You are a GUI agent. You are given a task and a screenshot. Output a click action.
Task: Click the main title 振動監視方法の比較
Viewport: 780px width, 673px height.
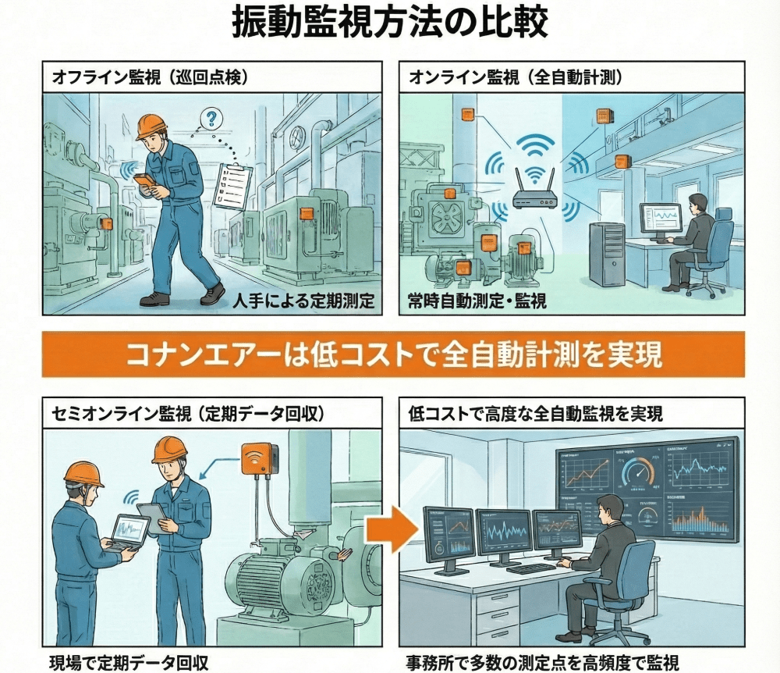(390, 24)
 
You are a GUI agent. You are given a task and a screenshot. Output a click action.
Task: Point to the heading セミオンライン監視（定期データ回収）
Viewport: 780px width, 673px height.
(187, 413)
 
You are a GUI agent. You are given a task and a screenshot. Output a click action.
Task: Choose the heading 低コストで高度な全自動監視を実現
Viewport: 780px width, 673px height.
(535, 413)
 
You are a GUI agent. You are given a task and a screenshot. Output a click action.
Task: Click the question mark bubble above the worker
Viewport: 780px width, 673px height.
(211, 119)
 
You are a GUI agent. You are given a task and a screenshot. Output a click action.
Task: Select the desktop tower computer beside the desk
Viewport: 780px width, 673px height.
(606, 254)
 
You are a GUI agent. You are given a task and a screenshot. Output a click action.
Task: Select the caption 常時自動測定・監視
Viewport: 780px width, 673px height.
(467, 301)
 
